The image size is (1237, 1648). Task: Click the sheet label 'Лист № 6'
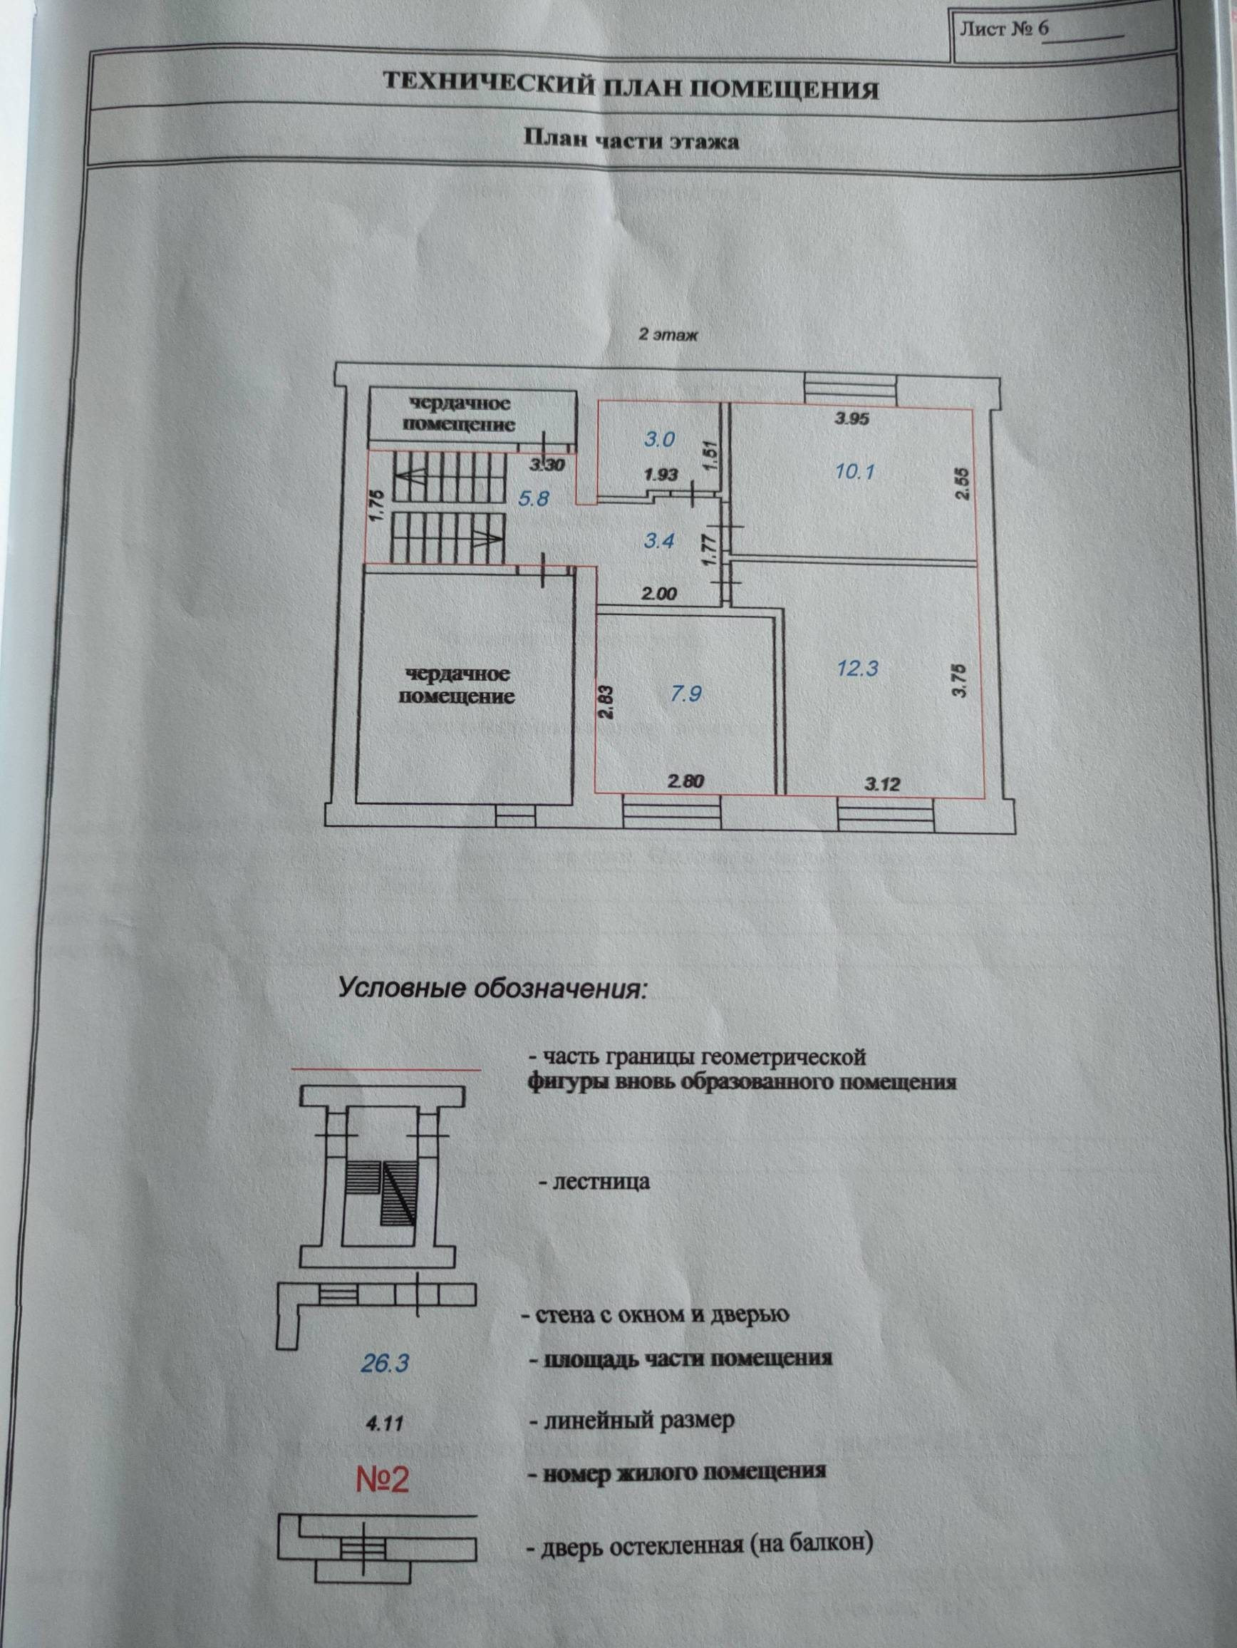[x=1005, y=31]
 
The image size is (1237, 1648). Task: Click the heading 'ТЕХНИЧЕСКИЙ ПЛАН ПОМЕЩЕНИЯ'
[x=630, y=86]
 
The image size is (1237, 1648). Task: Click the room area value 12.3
[x=857, y=668]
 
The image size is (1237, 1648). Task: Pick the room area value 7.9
[x=685, y=694]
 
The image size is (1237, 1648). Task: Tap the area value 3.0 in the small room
[x=659, y=439]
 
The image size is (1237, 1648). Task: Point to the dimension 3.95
[x=852, y=418]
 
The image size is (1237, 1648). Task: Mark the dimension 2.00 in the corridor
[x=660, y=594]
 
